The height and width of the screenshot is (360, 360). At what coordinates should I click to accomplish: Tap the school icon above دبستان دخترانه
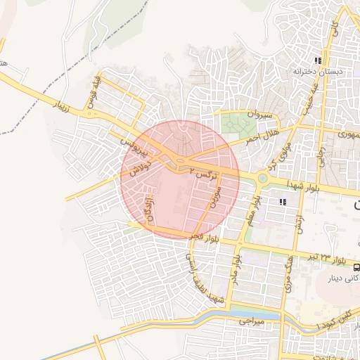click(x=318, y=61)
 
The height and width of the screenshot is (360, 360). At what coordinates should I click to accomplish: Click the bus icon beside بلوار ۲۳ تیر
click(x=356, y=267)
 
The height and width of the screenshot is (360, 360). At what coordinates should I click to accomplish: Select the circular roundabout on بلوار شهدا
click(x=262, y=178)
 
